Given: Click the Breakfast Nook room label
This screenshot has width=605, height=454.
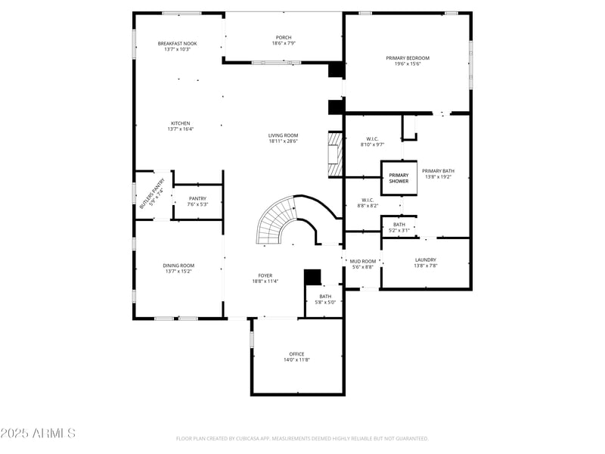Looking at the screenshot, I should (177, 44).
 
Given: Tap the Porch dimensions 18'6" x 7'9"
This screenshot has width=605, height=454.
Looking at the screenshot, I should (283, 43).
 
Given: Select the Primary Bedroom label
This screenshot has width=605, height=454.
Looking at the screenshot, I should (408, 58).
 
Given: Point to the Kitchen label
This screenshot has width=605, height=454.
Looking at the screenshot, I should (180, 123).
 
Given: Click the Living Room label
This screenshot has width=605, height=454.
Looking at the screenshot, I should (283, 135).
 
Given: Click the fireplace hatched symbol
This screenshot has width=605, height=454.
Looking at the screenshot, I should (334, 154).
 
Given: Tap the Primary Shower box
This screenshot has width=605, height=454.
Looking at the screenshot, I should (399, 178).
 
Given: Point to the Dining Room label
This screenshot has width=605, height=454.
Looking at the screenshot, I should (178, 266).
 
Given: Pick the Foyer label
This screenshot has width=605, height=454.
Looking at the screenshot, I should (265, 275).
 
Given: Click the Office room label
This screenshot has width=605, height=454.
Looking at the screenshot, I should (296, 354).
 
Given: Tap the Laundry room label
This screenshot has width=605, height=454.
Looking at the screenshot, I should (425, 260).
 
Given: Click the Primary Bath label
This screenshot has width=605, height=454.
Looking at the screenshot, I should (438, 171).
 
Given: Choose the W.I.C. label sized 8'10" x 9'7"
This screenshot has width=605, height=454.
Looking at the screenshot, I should (372, 139).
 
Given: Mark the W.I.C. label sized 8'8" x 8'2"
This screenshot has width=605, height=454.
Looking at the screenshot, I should (368, 201).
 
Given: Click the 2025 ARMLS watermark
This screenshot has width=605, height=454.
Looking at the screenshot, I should (38, 434).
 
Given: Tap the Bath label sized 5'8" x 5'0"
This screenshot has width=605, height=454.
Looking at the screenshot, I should (325, 297).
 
